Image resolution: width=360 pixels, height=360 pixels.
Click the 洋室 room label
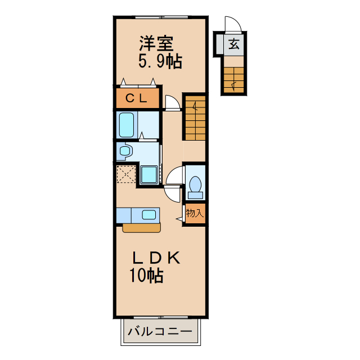click(156, 43)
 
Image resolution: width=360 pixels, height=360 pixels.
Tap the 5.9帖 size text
click(160, 61)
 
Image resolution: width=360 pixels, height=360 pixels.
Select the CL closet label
click(138, 98)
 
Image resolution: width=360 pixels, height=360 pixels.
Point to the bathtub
click(127, 124)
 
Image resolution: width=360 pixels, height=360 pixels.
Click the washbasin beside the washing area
click(125, 150)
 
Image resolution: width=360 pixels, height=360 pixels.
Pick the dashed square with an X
click(127, 174)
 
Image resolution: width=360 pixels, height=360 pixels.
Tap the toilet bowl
click(195, 185)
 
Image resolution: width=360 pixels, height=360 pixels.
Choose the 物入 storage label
click(195, 213)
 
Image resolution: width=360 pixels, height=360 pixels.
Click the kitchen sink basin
click(149, 214)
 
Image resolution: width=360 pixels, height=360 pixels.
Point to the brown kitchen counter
click(141, 227)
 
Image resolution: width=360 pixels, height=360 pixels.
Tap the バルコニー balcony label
click(160, 331)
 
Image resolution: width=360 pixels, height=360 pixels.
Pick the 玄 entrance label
click(233, 43)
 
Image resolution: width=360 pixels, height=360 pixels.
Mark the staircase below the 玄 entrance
click(233, 79)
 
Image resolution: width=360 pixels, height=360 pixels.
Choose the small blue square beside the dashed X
click(149, 174)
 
